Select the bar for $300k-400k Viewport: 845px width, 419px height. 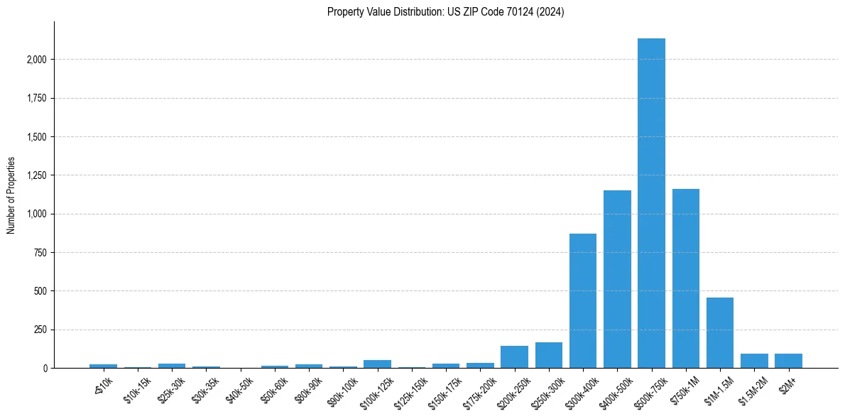583,301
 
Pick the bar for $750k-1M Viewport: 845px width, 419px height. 685,278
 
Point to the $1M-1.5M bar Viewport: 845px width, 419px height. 719,333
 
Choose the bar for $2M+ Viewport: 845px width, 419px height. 788,361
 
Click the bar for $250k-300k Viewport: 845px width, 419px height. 549,355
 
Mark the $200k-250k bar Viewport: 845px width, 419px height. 514,357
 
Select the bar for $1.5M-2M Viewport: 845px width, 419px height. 754,361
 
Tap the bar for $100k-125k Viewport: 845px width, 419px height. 377,364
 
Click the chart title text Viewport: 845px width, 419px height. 446,12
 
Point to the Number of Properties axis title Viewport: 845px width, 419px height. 11,195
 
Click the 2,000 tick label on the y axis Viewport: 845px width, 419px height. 36,60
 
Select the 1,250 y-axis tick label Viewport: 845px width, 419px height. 36,175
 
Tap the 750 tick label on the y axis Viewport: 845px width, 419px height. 40,253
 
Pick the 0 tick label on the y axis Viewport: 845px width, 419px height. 45,369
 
